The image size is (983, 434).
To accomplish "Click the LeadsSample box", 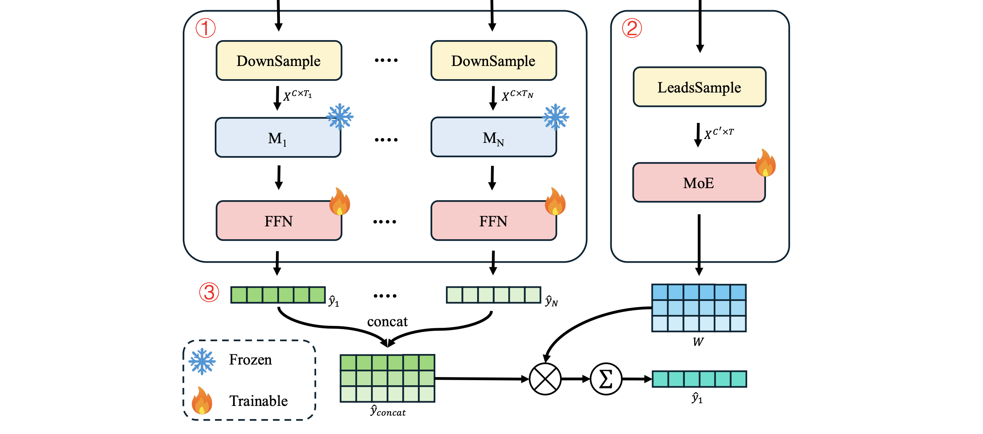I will (699, 87).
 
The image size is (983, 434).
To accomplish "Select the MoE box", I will (698, 183).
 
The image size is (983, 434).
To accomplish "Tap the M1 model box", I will (278, 138).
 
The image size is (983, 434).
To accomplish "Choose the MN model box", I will (493, 138).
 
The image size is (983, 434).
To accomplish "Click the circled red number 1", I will (205, 28).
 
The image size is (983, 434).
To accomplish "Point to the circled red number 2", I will (632, 28).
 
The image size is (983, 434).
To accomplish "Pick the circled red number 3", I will (209, 292).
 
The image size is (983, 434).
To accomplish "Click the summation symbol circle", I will (606, 379).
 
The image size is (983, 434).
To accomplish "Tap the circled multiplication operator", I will (545, 379).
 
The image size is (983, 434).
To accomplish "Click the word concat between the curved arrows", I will (387, 322).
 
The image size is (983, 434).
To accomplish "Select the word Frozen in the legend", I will (250, 359).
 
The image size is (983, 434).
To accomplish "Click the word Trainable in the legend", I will (258, 401).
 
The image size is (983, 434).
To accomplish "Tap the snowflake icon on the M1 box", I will (340, 116).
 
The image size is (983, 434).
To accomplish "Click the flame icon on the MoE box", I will (765, 163).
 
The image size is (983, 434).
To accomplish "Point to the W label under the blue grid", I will (698, 342).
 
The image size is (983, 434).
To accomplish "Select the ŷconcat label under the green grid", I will (388, 411).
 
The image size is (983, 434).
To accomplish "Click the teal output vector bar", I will (699, 379).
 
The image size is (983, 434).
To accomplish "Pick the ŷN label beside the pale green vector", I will (552, 301).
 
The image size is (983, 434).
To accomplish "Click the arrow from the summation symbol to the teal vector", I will (637, 379).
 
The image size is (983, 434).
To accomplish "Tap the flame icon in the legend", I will (202, 401).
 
